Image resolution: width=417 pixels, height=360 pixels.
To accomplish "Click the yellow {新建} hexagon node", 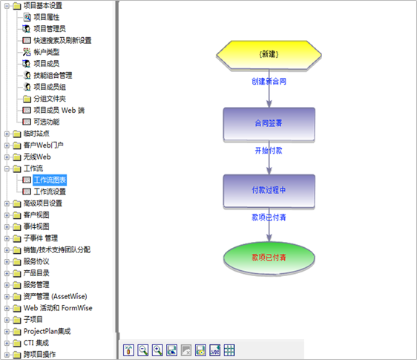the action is coord(269,55).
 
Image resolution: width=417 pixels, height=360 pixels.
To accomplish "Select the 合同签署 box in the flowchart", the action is coord(269,124).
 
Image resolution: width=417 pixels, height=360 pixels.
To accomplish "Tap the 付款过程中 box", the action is coord(269,191).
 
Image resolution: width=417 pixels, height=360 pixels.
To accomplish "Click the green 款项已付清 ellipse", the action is coord(269,258).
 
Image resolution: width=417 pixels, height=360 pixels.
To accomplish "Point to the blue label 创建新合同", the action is coord(269,82).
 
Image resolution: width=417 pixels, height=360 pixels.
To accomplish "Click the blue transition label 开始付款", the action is coord(269,151).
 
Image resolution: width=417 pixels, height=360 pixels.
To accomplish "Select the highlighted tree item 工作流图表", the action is coord(50,180).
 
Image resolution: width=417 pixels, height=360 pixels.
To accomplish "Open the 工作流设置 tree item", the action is coord(50,192).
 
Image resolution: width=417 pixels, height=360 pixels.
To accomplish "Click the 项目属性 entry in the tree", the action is coord(47,17).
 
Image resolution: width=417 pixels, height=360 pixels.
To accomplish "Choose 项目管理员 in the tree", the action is coord(50,29).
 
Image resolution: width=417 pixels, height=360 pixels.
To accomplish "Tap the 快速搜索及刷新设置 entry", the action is coord(62,40).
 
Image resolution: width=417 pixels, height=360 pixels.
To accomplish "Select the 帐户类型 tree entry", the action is coord(47,52).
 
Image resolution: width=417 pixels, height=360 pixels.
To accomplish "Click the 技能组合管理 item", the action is coord(53,75).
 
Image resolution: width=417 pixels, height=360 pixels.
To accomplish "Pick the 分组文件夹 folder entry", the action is coord(50,99).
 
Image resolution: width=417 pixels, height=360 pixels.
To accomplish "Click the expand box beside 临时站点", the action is coord(7,134).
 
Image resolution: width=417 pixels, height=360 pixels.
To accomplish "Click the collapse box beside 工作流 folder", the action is coord(7,168).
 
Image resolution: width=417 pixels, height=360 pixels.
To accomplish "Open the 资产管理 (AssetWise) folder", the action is coord(56,296).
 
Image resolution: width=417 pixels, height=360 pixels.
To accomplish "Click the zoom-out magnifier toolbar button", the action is coord(143,350).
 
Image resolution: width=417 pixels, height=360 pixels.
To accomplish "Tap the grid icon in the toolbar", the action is coord(229,350).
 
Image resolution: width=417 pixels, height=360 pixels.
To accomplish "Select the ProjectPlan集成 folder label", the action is coord(47,331).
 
